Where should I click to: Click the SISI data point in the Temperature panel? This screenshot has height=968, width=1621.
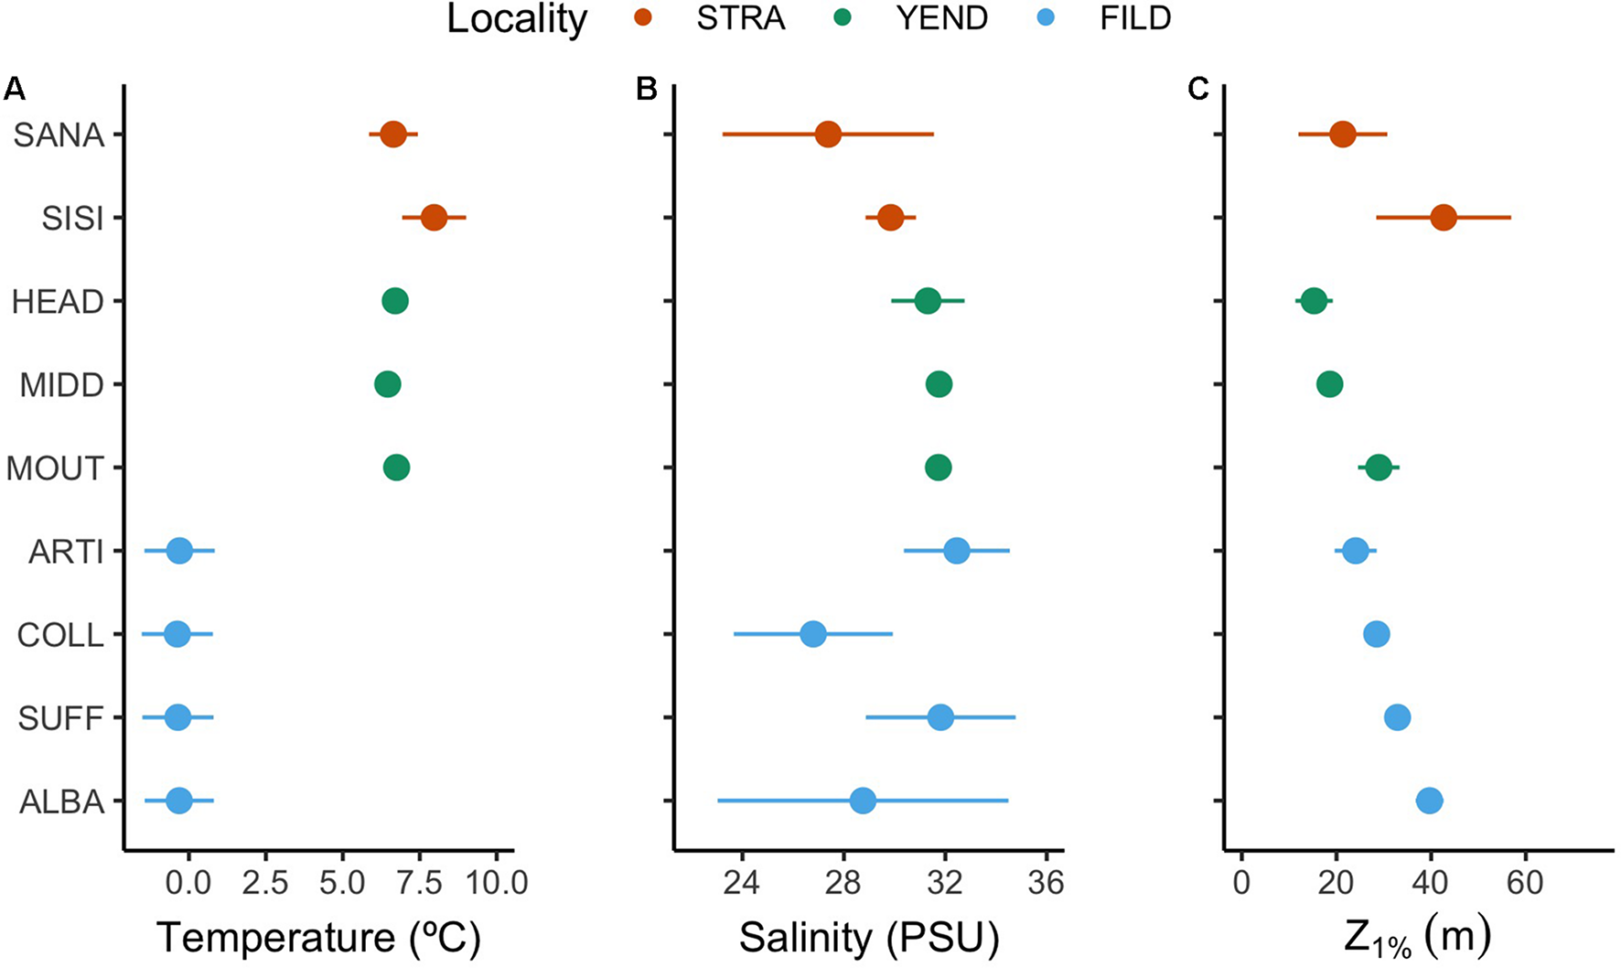[x=434, y=218]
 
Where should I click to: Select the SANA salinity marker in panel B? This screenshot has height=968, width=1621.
[x=828, y=134]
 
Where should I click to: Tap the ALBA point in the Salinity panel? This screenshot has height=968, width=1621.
[x=863, y=801]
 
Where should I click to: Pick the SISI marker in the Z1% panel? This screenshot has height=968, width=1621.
[x=1444, y=218]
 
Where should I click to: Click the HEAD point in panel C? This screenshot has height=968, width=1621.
[x=1314, y=301]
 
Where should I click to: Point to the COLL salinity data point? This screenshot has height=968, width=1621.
[x=812, y=634]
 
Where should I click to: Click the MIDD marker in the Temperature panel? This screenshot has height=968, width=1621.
[x=388, y=384]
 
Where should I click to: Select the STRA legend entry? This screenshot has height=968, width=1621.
[x=740, y=19]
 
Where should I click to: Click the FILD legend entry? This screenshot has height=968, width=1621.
[x=1134, y=19]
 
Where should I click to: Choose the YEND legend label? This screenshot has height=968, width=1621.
[x=941, y=19]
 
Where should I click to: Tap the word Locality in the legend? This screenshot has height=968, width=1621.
[x=517, y=19]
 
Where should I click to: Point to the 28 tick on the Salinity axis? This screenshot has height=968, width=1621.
[x=843, y=884]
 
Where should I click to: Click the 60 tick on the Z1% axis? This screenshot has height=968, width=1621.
[x=1524, y=884]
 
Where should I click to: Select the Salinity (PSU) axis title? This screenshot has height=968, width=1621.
[x=868, y=937]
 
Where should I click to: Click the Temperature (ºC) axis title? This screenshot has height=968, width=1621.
[x=318, y=937]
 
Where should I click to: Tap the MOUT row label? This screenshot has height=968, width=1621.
[x=55, y=468]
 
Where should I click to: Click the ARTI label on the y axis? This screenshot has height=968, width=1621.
[x=66, y=552]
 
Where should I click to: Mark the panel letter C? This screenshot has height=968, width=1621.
[x=1197, y=89]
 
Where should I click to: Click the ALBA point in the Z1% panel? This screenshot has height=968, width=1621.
[x=1429, y=801]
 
